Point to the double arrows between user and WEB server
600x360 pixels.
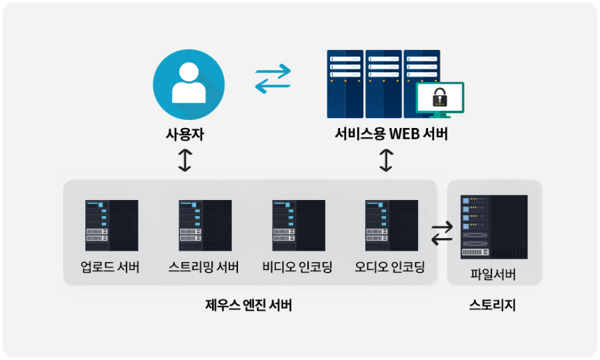273,79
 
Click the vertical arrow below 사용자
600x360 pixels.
185,160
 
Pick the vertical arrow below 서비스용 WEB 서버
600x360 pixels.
386,160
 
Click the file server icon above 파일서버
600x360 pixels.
494,227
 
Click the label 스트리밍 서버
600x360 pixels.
204,269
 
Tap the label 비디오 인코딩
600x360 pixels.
297,269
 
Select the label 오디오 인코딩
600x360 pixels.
390,269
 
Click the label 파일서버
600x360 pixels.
493,274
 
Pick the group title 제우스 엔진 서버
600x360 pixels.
249,306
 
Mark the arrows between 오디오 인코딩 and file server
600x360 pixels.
441,233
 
